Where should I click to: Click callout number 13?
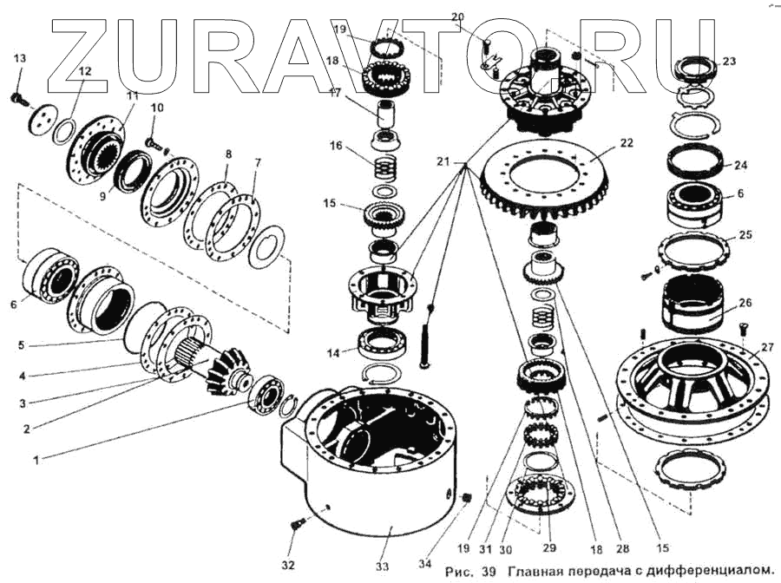[20, 58]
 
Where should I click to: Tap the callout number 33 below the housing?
[383, 567]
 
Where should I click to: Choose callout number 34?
[424, 564]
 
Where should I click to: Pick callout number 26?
[745, 304]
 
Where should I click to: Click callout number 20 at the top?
[458, 17]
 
